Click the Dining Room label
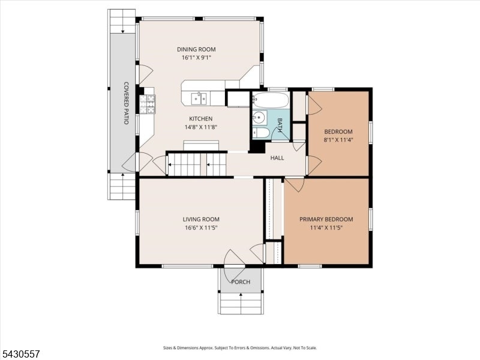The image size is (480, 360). click(196, 49)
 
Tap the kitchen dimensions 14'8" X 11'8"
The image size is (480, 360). click(200, 127)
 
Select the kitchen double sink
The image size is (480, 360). click(199, 98)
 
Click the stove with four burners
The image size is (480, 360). click(147, 104)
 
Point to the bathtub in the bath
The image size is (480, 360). click(271, 100)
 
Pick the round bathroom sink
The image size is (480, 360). click(260, 117)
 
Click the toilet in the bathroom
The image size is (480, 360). click(261, 133)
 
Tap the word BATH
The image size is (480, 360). click(280, 125)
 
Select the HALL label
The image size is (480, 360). click(277, 158)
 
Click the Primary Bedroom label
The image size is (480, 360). click(326, 219)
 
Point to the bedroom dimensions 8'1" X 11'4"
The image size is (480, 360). click(338, 140)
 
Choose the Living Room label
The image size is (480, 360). click(201, 219)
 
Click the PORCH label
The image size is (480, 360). click(241, 282)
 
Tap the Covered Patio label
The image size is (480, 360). click(126, 103)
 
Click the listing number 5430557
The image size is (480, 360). click(20, 354)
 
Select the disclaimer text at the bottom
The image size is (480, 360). click(239, 348)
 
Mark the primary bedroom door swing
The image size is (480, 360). click(295, 185)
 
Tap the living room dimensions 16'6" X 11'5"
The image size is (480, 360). click(201, 228)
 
